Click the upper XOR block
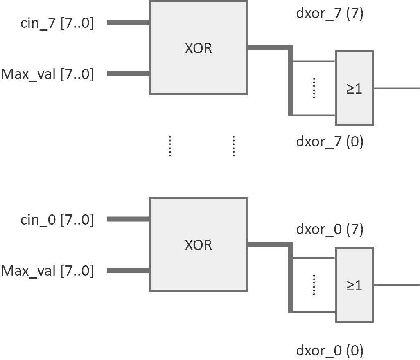pos(199,48)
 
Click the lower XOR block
pos(199,245)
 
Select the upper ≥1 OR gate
pos(354,88)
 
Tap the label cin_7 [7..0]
pos(57,23)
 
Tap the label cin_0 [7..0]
pos(57,220)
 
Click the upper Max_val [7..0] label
pos(47,74)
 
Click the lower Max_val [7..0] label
pos(47,271)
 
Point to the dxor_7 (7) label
pos(330,13)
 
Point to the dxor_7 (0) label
pos(330,142)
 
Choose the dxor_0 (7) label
pos(330,229)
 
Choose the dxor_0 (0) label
pos(330,351)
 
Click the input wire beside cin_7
pos(128,22)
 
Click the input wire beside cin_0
pos(128,219)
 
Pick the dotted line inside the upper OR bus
pos(314,88)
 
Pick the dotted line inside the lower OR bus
pos(314,285)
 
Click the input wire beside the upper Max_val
pos(128,74)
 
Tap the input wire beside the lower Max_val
pos(128,270)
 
